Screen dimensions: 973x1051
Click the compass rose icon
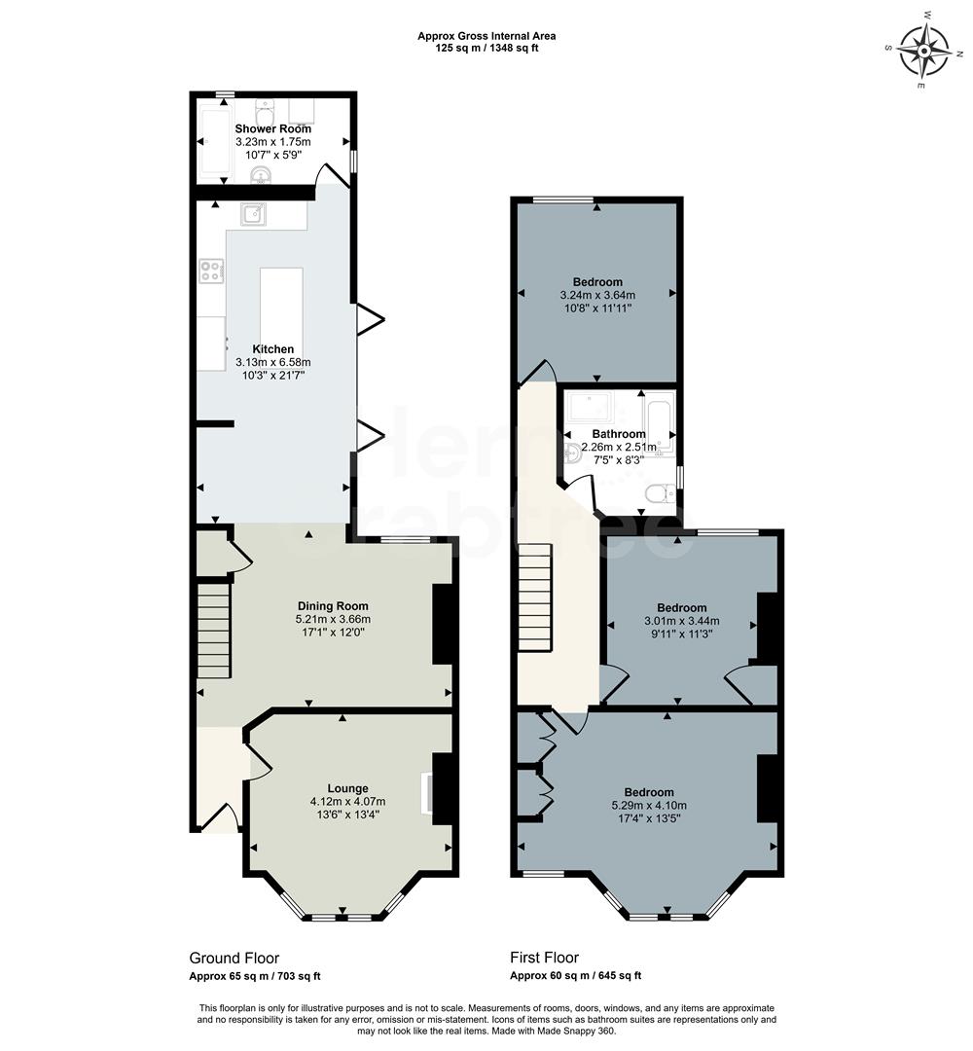click(x=922, y=51)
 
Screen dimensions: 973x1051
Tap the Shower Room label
click(x=272, y=128)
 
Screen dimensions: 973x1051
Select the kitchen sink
click(x=254, y=214)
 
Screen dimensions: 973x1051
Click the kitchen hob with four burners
click(x=211, y=271)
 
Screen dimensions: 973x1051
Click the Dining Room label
click(x=333, y=606)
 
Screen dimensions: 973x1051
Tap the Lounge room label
click(x=347, y=788)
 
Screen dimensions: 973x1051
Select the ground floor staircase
click(x=214, y=630)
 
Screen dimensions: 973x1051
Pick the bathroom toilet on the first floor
click(x=660, y=494)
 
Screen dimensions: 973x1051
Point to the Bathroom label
click(x=619, y=434)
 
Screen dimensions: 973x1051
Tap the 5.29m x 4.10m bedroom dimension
click(x=649, y=805)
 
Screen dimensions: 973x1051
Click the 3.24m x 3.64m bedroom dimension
click(x=597, y=295)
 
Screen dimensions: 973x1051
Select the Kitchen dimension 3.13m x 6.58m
click(x=272, y=362)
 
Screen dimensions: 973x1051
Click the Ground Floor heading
click(x=234, y=958)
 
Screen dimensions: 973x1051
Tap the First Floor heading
click(x=544, y=958)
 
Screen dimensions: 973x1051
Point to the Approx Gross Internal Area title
click(x=486, y=36)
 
